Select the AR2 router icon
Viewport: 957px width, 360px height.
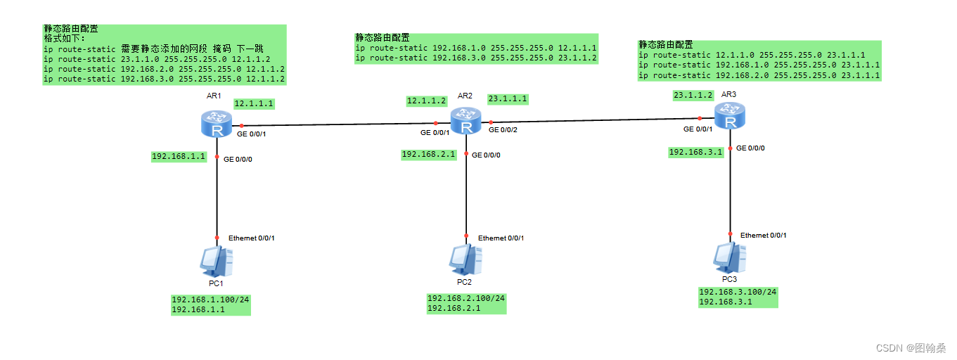pos(465,121)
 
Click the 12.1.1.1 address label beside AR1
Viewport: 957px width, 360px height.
pos(254,104)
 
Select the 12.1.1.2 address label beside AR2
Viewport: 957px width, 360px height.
pos(427,101)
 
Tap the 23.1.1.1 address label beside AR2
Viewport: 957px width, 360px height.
pos(508,99)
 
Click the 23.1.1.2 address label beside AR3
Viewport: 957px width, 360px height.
pos(693,95)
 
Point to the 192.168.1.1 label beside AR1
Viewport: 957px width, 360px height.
pos(179,157)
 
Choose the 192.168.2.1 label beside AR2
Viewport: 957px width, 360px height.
pos(428,154)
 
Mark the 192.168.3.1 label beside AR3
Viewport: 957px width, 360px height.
pos(695,152)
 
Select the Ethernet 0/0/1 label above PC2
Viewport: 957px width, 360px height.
pos(501,238)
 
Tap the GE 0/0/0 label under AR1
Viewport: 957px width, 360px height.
pos(238,160)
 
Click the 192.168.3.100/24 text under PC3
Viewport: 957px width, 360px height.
pos(738,292)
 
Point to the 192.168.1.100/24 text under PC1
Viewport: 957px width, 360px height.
pos(210,300)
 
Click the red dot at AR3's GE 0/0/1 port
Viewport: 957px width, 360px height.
pos(700,119)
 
